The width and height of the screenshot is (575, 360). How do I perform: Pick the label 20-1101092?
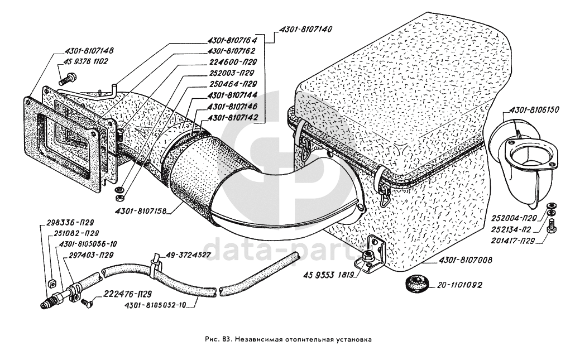(x=455, y=284)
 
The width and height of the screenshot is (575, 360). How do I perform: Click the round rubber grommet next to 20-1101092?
(x=415, y=282)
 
